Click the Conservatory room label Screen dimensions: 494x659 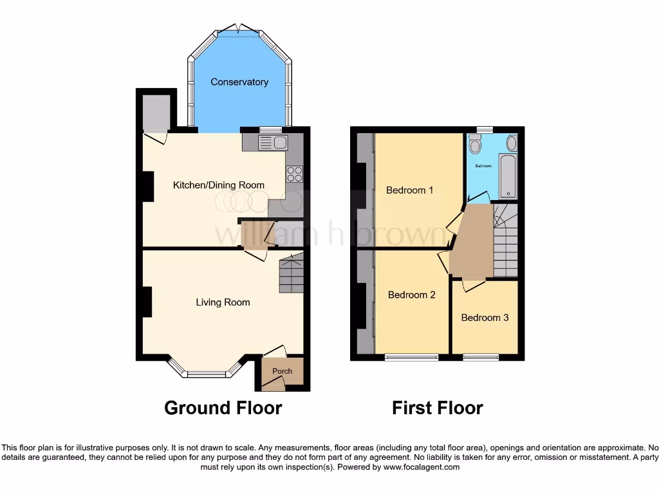pyautogui.click(x=239, y=82)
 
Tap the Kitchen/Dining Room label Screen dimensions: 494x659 pyautogui.click(x=219, y=185)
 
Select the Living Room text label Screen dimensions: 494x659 pyautogui.click(x=223, y=302)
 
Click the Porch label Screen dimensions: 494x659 pyautogui.click(x=283, y=371)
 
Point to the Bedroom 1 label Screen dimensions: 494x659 pyautogui.click(x=410, y=190)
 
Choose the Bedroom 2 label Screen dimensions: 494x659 pyautogui.click(x=412, y=295)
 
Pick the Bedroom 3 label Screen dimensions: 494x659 pyautogui.click(x=485, y=318)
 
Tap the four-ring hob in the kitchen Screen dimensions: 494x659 pyautogui.click(x=294, y=174)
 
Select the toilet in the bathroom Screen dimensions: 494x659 pyautogui.click(x=476, y=145)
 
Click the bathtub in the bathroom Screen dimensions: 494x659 pyautogui.click(x=508, y=175)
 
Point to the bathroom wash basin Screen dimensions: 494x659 pyautogui.click(x=512, y=142)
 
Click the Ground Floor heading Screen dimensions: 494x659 pyautogui.click(x=223, y=408)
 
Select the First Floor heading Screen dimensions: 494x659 pyautogui.click(x=438, y=408)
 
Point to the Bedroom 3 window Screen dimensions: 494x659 pyautogui.click(x=480, y=356)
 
